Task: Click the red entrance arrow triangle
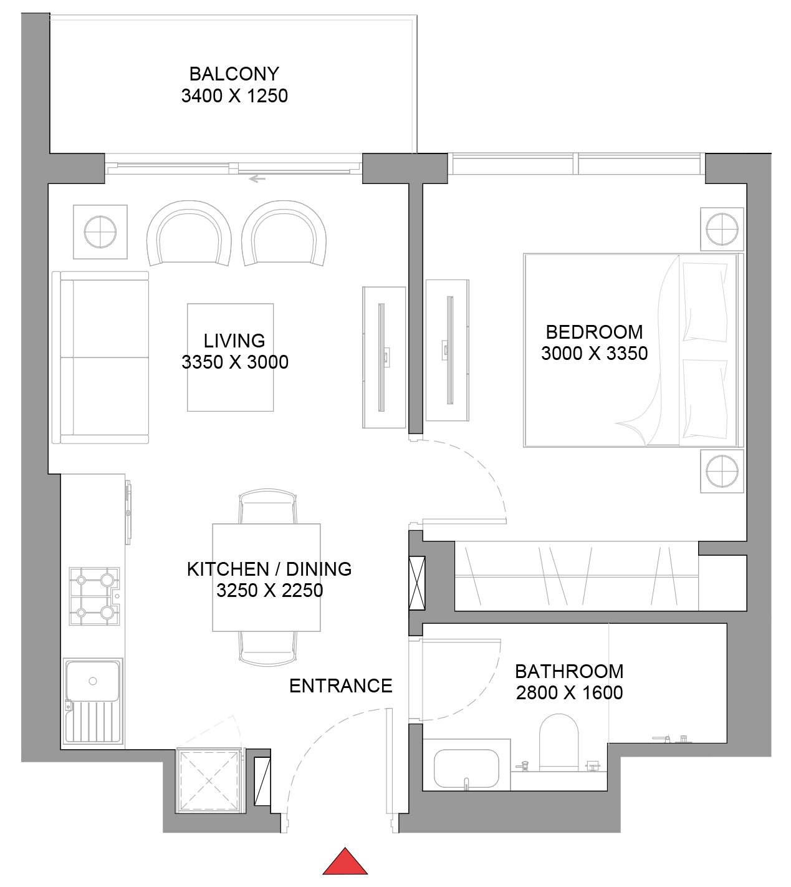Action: [345, 862]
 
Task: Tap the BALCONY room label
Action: [234, 74]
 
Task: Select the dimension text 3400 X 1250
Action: [234, 96]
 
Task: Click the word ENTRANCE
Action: [340, 686]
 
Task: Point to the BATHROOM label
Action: [569, 671]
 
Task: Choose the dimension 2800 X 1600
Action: [569, 693]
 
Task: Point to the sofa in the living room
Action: [102, 357]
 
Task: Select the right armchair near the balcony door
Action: [284, 234]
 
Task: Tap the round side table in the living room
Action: [100, 231]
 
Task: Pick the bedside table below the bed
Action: [722, 470]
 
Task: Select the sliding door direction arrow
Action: [256, 179]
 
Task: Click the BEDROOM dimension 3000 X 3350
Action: [594, 353]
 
